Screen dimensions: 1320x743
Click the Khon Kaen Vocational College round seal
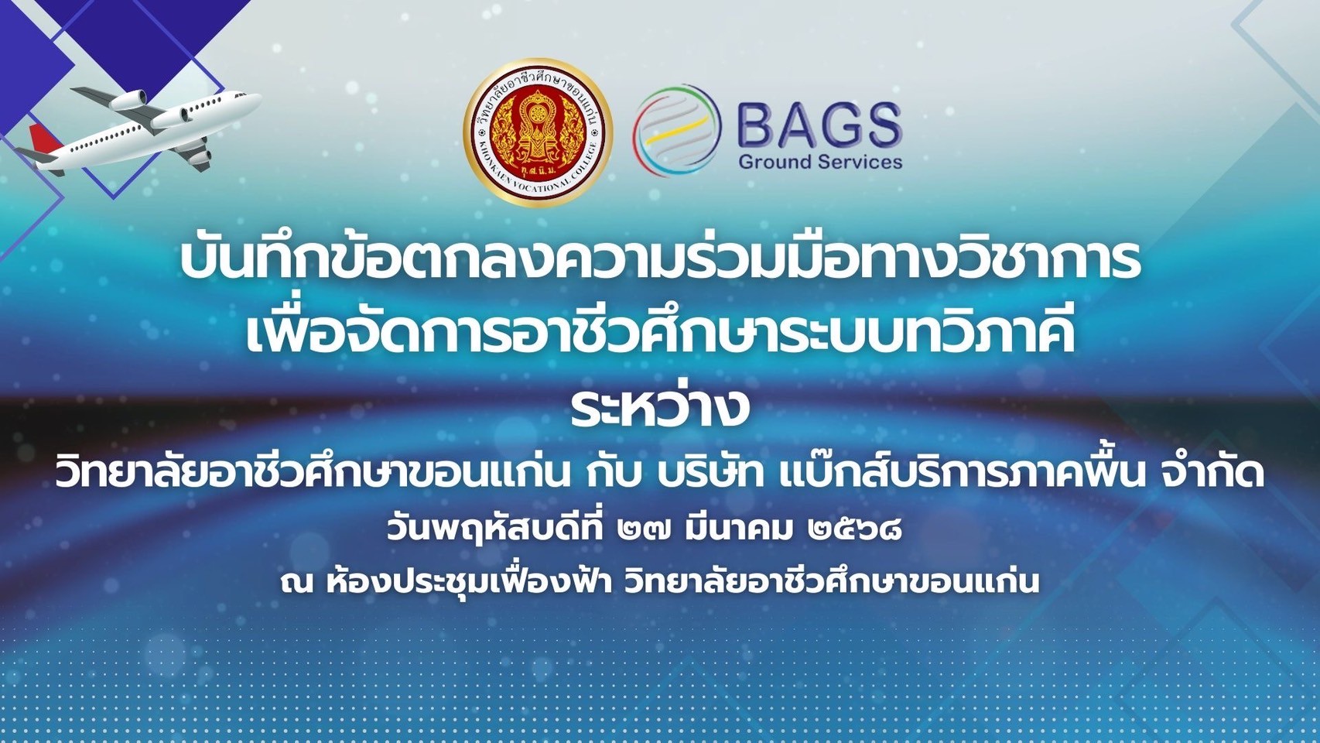point(538,132)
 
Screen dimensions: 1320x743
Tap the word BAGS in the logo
point(819,125)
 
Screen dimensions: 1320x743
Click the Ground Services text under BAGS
point(820,162)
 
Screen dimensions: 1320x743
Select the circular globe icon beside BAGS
point(677,130)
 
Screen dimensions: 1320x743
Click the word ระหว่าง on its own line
point(660,407)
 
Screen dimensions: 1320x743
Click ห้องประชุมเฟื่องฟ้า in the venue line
point(470,579)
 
